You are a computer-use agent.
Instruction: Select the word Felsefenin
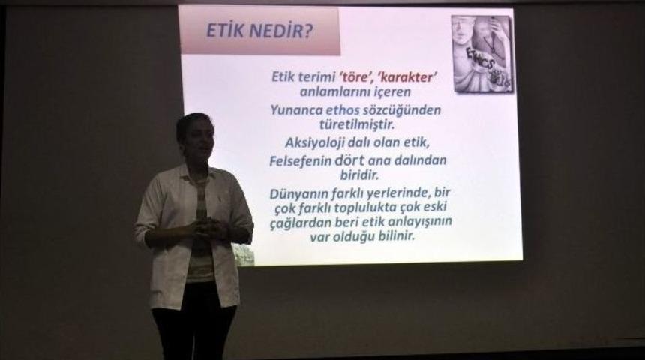click(301, 160)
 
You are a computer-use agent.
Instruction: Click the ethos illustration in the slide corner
click(482, 54)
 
